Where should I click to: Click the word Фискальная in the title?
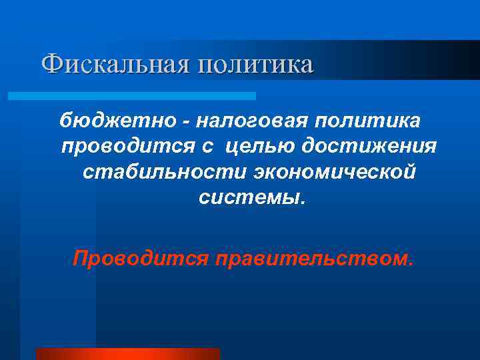click(x=114, y=64)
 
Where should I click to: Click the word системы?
click(x=249, y=197)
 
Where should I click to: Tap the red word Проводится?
click(x=141, y=257)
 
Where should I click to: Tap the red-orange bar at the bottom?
click(x=128, y=353)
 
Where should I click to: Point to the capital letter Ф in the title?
click(x=51, y=64)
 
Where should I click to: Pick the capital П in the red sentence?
click(x=81, y=257)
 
